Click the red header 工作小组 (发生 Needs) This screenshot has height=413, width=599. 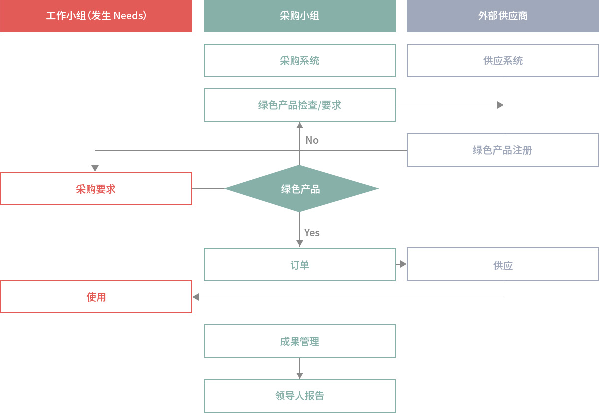[x=96, y=16]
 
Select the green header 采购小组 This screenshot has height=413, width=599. [x=299, y=16]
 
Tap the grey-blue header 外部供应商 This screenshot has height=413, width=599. [x=503, y=16]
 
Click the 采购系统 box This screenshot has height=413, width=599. [x=299, y=61]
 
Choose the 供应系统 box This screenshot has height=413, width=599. [x=503, y=61]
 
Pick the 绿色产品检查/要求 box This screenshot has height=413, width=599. [x=299, y=105]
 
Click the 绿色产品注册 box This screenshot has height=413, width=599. [x=503, y=150]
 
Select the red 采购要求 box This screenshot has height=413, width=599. [x=96, y=189]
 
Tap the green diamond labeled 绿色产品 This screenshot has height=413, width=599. [x=301, y=189]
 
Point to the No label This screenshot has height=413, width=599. [x=312, y=140]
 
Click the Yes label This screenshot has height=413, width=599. [x=312, y=232]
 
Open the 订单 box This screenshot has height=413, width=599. [x=299, y=265]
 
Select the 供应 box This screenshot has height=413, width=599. [x=503, y=264]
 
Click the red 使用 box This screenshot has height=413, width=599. [x=96, y=297]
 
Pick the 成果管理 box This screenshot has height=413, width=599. [x=299, y=341]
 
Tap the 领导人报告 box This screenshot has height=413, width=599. [x=299, y=396]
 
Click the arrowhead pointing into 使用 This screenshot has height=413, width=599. [x=196, y=297]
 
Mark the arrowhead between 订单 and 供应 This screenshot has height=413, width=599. [x=403, y=264]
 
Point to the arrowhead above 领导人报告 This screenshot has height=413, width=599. [x=300, y=376]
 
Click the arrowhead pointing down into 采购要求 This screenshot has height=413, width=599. [x=95, y=168]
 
